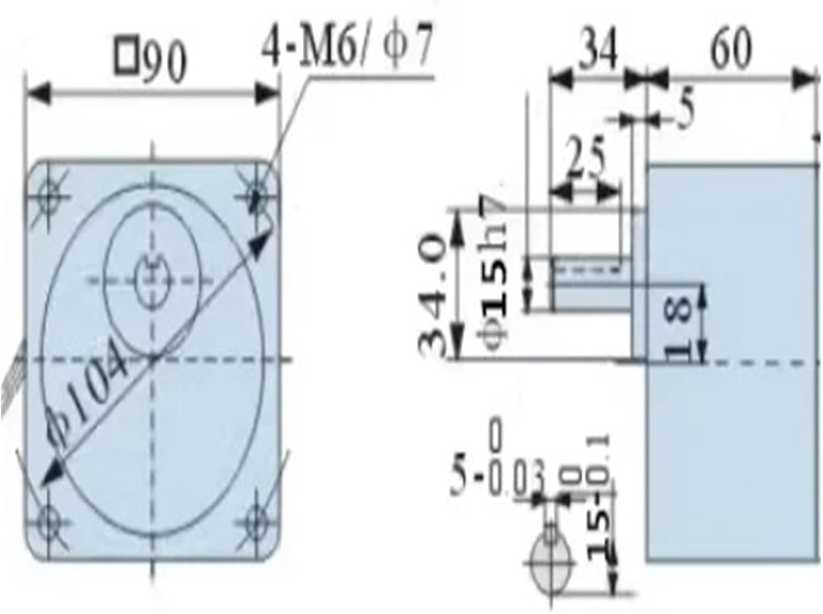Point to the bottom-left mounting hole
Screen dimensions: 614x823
click(48, 519)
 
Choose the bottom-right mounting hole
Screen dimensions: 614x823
click(256, 519)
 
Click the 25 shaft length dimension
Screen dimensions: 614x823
click(585, 159)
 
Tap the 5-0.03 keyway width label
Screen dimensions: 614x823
click(497, 477)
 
